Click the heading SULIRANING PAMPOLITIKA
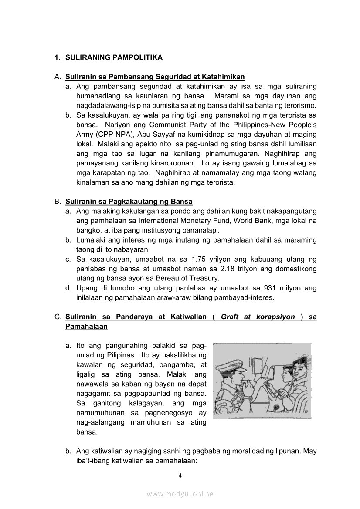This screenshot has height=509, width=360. pos(114,57)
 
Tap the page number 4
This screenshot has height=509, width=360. pos(180,475)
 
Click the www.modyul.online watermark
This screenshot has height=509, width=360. pos(180,494)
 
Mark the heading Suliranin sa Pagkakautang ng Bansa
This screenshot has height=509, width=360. pos(129,202)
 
